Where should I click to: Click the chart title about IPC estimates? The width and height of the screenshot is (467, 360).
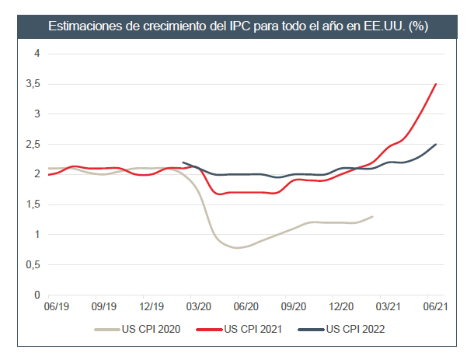[238, 26]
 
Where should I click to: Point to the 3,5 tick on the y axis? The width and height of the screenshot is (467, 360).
[32, 84]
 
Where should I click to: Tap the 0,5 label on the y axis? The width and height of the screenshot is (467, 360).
[32, 265]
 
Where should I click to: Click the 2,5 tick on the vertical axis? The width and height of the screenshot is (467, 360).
[32, 144]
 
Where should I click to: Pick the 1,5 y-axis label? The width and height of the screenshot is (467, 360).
[32, 204]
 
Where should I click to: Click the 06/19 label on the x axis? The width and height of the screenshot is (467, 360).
[59, 307]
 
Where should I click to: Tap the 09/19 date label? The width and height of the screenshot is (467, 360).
[104, 307]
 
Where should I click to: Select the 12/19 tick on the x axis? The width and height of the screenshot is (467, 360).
[152, 307]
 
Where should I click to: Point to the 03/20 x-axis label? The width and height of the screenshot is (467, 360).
[199, 307]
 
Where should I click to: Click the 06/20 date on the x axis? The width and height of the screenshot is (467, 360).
[246, 307]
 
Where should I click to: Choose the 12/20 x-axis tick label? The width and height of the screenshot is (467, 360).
[341, 307]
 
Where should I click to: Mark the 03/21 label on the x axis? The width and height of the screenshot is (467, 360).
[389, 307]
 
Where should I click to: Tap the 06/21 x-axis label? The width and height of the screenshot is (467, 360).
[435, 307]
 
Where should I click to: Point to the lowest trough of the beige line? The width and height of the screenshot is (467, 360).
[238, 247]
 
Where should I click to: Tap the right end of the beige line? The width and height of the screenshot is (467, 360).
[373, 216]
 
